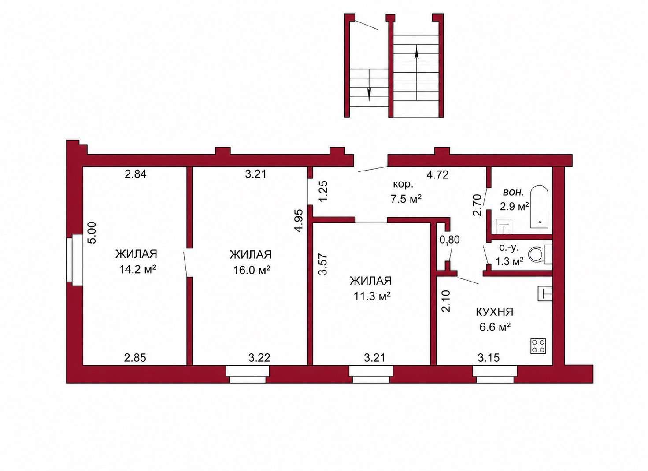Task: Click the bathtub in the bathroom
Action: pyautogui.click(x=539, y=207)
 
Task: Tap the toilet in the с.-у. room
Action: pyautogui.click(x=540, y=254)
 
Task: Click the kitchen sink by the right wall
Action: pyautogui.click(x=545, y=293)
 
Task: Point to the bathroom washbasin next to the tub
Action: pyautogui.click(x=504, y=226)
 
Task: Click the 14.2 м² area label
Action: pyautogui.click(x=137, y=270)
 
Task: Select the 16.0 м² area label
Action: pyautogui.click(x=252, y=270)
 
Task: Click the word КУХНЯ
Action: pyautogui.click(x=494, y=312)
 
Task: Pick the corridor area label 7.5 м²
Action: pyautogui.click(x=406, y=199)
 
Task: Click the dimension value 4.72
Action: pyautogui.click(x=438, y=174)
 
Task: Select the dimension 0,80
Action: pyautogui.click(x=449, y=240)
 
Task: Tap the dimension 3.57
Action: pyautogui.click(x=322, y=264)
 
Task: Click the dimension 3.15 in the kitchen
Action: pyautogui.click(x=489, y=358)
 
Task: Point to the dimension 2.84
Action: pyautogui.click(x=135, y=174)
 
